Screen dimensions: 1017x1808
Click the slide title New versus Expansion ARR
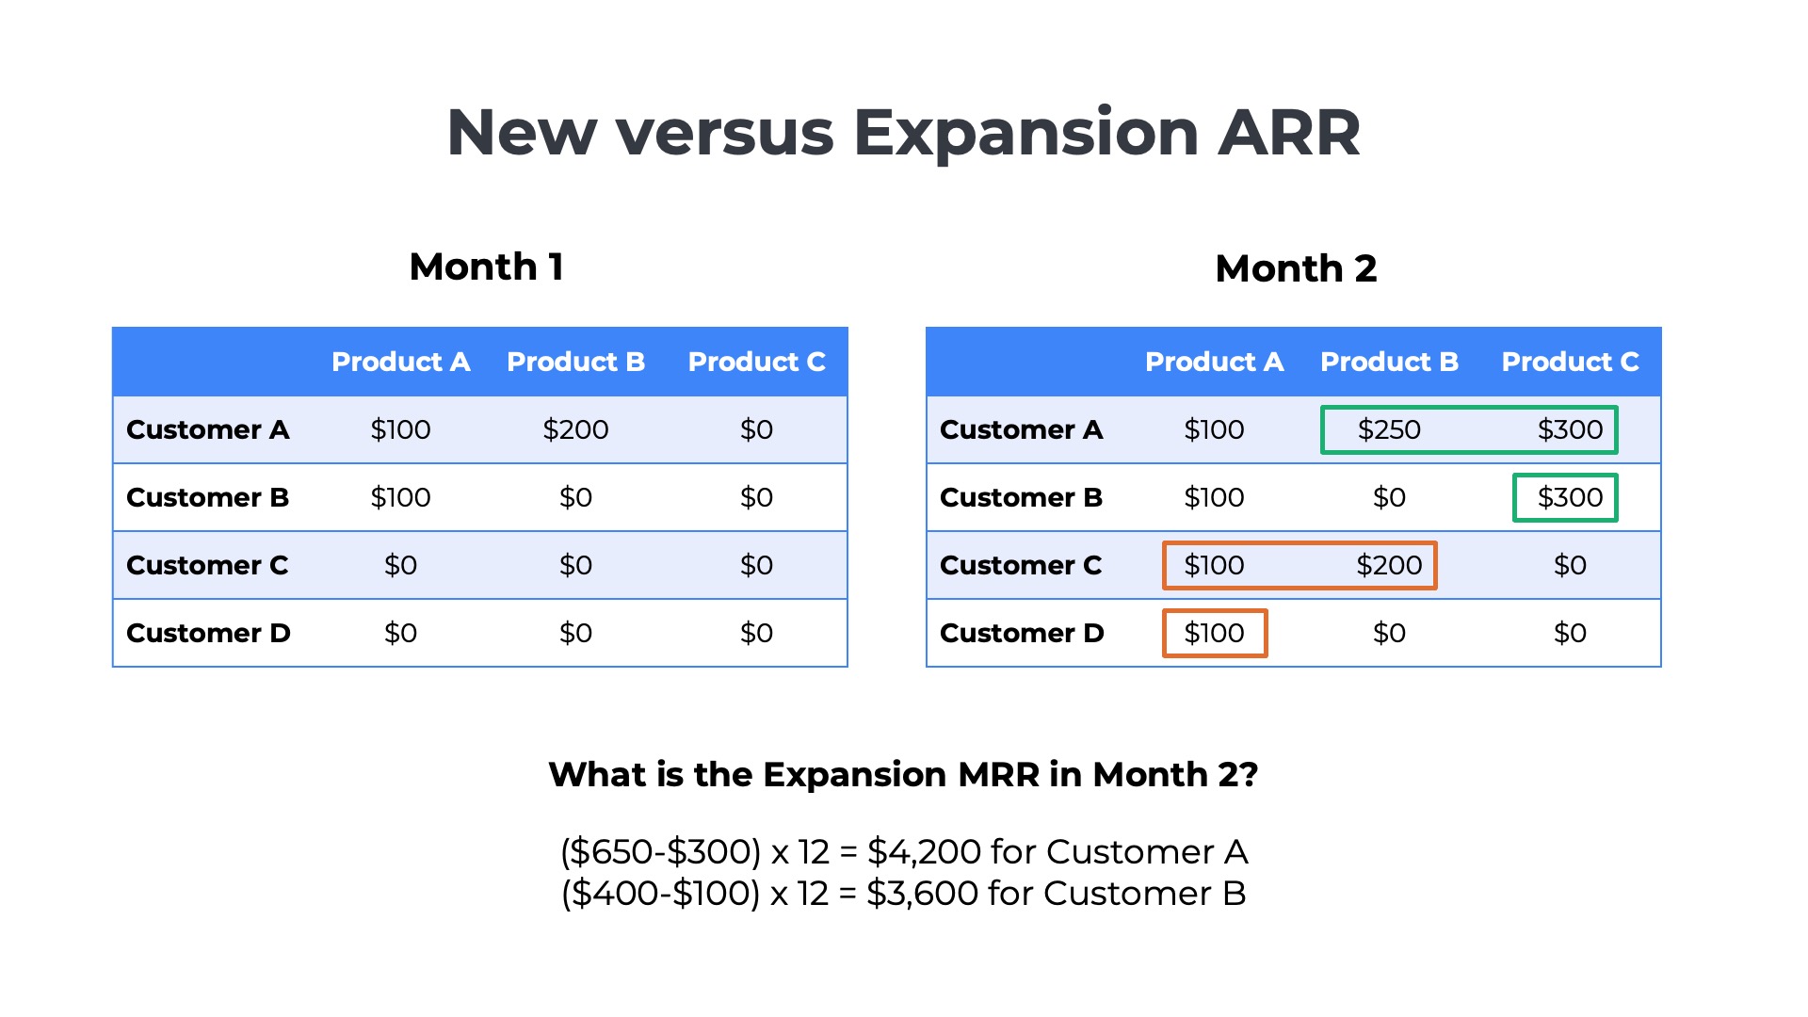pyautogui.click(x=903, y=132)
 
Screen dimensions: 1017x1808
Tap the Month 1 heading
pyautogui.click(x=487, y=266)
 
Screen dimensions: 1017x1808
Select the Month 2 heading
pyautogui.click(x=1296, y=268)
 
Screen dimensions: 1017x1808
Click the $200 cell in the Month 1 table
pyautogui.click(x=575, y=429)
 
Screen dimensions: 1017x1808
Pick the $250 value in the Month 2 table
pyautogui.click(x=1389, y=429)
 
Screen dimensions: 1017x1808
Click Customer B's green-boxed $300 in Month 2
pyautogui.click(x=1570, y=497)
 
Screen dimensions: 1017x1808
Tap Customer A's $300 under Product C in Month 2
pyautogui.click(x=1570, y=429)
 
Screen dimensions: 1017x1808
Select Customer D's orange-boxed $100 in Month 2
pyautogui.click(x=1214, y=633)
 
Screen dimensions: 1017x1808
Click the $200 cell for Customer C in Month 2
pyautogui.click(x=1389, y=565)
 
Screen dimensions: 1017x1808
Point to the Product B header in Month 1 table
pyautogui.click(x=575, y=362)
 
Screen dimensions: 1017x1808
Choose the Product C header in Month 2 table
pyautogui.click(x=1570, y=362)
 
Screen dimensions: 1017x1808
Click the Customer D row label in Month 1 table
pyautogui.click(x=208, y=633)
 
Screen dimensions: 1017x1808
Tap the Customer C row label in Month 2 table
pyautogui.click(x=1021, y=565)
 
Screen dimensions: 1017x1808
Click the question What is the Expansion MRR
pyautogui.click(x=903, y=774)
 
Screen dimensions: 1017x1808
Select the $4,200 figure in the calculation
pyautogui.click(x=924, y=852)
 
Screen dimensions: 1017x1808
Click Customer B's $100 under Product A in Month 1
pyautogui.click(x=400, y=497)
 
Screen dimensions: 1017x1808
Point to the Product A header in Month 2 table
pyautogui.click(x=1214, y=362)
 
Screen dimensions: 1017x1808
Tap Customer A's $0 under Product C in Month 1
pyautogui.click(x=756, y=429)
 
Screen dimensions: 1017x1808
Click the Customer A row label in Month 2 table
pyautogui.click(x=1021, y=429)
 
